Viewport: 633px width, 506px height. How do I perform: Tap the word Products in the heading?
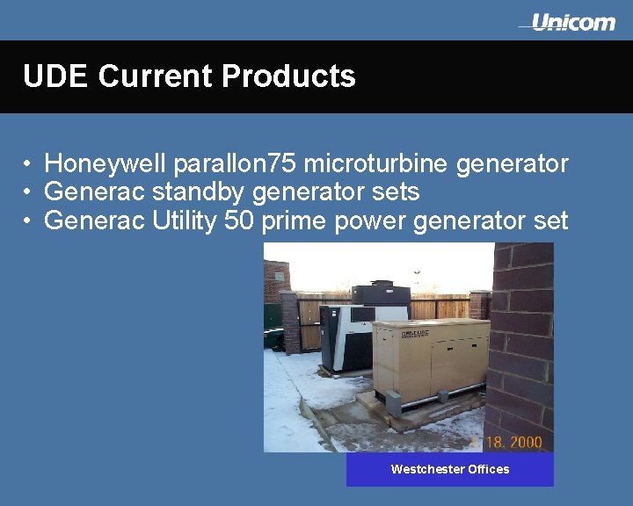[x=288, y=76]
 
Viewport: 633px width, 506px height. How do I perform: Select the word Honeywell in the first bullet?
[x=105, y=163]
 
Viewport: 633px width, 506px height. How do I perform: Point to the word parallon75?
[x=235, y=164]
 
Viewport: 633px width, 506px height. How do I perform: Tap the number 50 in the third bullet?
[x=239, y=220]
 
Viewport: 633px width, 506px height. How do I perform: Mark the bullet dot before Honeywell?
[x=28, y=164]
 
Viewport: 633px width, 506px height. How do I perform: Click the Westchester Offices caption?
[x=449, y=469]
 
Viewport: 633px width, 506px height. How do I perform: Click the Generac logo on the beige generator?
[x=415, y=335]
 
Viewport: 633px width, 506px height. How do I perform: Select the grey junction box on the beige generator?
[x=393, y=402]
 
